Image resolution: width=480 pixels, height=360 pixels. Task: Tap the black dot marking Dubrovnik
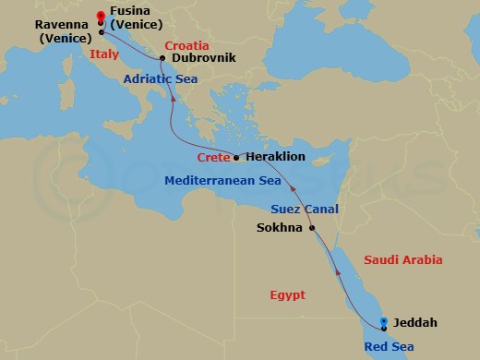click(162, 58)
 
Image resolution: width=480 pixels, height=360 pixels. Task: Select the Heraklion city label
click(274, 157)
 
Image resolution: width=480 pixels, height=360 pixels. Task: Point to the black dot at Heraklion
click(236, 157)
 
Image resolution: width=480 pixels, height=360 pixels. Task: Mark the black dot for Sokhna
click(312, 228)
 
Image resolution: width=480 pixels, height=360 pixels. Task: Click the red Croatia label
click(187, 44)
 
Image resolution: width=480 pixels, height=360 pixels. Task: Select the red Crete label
click(213, 159)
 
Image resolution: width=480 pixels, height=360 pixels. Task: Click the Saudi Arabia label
click(404, 260)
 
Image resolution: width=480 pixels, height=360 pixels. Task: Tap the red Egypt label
click(286, 295)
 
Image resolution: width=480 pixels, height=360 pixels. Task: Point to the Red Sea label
click(390, 347)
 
